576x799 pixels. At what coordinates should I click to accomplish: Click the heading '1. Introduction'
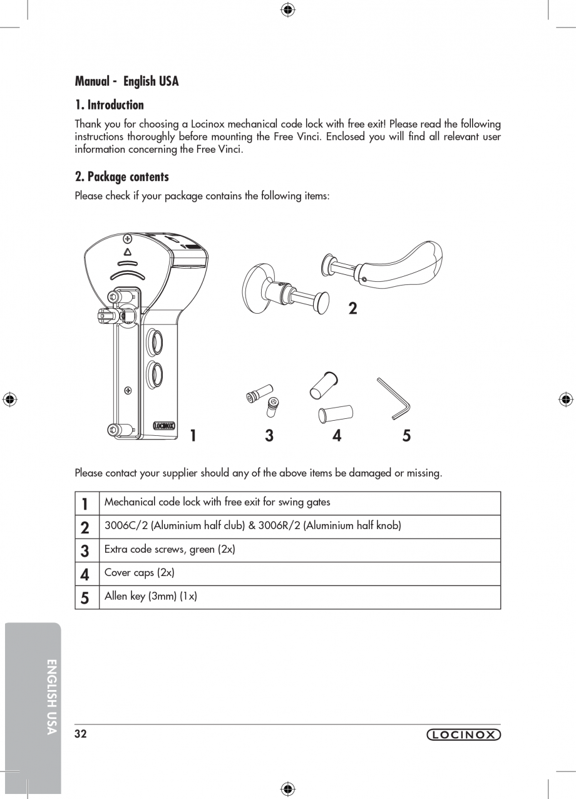click(x=110, y=105)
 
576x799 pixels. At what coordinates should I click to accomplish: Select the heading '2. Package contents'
click(x=122, y=177)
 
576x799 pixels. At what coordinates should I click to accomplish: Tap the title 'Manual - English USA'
click(x=127, y=81)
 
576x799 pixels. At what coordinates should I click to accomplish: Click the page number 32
click(x=81, y=735)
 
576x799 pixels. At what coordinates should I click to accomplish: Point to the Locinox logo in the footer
click(x=463, y=735)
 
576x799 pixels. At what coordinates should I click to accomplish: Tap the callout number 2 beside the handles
click(x=353, y=308)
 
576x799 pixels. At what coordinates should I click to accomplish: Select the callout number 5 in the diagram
click(x=406, y=436)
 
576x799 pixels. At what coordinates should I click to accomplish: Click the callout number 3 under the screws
click(x=269, y=436)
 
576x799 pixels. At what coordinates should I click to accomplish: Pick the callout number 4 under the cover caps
click(x=337, y=436)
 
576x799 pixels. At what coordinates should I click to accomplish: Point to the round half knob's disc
click(x=257, y=288)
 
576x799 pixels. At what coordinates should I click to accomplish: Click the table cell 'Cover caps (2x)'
click(x=140, y=573)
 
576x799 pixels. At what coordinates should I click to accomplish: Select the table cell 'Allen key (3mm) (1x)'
click(x=151, y=597)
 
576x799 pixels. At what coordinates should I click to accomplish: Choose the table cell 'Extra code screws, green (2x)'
click(x=170, y=550)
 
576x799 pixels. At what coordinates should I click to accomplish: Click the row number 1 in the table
click(x=85, y=503)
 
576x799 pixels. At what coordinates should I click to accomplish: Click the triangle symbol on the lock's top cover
click(x=128, y=252)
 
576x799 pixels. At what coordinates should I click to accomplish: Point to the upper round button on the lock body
click(x=154, y=343)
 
